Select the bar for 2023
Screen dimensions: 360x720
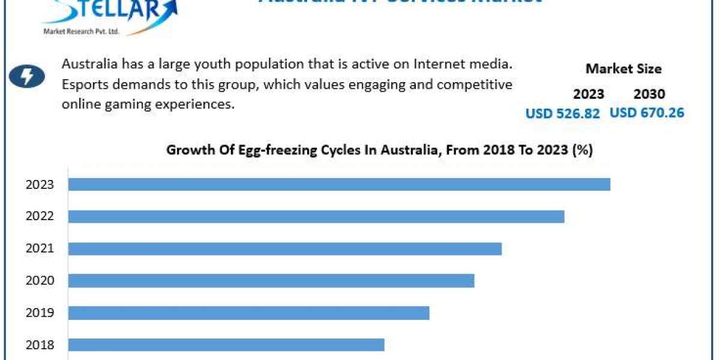pyautogui.click(x=339, y=184)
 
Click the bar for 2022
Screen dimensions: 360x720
pyautogui.click(x=316, y=216)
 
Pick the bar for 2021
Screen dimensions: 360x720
pyautogui.click(x=285, y=248)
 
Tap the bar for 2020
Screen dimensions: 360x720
pyautogui.click(x=271, y=280)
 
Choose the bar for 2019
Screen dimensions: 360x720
pyautogui.click(x=249, y=313)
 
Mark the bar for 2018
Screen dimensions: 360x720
pyautogui.click(x=226, y=344)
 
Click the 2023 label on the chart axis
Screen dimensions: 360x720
pyautogui.click(x=40, y=184)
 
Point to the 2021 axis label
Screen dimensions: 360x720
pyautogui.click(x=40, y=248)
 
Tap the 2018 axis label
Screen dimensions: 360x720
pyautogui.click(x=40, y=344)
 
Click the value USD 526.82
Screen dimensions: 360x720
pyautogui.click(x=562, y=113)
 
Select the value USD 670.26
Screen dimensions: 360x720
pyautogui.click(x=647, y=112)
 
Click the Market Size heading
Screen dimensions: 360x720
pyautogui.click(x=623, y=69)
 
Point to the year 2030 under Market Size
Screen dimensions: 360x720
pyautogui.click(x=649, y=94)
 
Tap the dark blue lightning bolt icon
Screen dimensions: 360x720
pyautogui.click(x=27, y=77)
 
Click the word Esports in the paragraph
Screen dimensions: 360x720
pyautogui.click(x=82, y=84)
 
